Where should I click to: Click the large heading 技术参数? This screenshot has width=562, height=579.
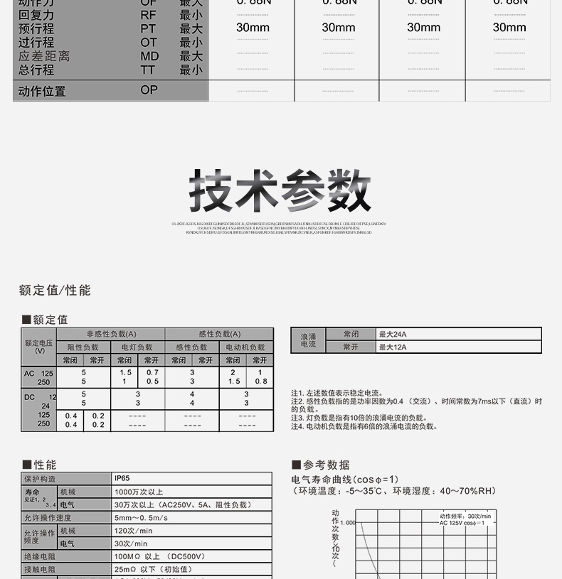280,191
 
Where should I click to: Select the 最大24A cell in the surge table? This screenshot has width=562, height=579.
393,335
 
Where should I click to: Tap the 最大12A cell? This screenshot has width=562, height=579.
393,347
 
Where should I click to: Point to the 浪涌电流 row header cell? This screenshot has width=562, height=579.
308,340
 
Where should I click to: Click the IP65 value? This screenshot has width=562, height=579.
122,479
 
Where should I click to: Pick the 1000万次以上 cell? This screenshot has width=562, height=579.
139,492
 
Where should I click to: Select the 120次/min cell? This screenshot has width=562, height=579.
134,531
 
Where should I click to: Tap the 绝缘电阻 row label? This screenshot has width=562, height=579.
40,556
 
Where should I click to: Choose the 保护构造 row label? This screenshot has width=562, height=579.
40,479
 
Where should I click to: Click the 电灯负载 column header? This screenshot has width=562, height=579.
137,347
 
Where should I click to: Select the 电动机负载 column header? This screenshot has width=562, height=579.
246,347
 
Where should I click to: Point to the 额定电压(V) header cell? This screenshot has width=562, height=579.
39,346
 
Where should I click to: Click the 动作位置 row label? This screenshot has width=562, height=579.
42,91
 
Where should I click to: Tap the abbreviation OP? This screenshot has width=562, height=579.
149,90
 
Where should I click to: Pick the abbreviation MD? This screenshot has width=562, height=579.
149,56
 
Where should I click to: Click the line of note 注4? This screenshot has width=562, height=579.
364,427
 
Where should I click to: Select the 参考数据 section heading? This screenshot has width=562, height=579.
327,465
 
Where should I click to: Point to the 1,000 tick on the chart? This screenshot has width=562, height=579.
347,523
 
